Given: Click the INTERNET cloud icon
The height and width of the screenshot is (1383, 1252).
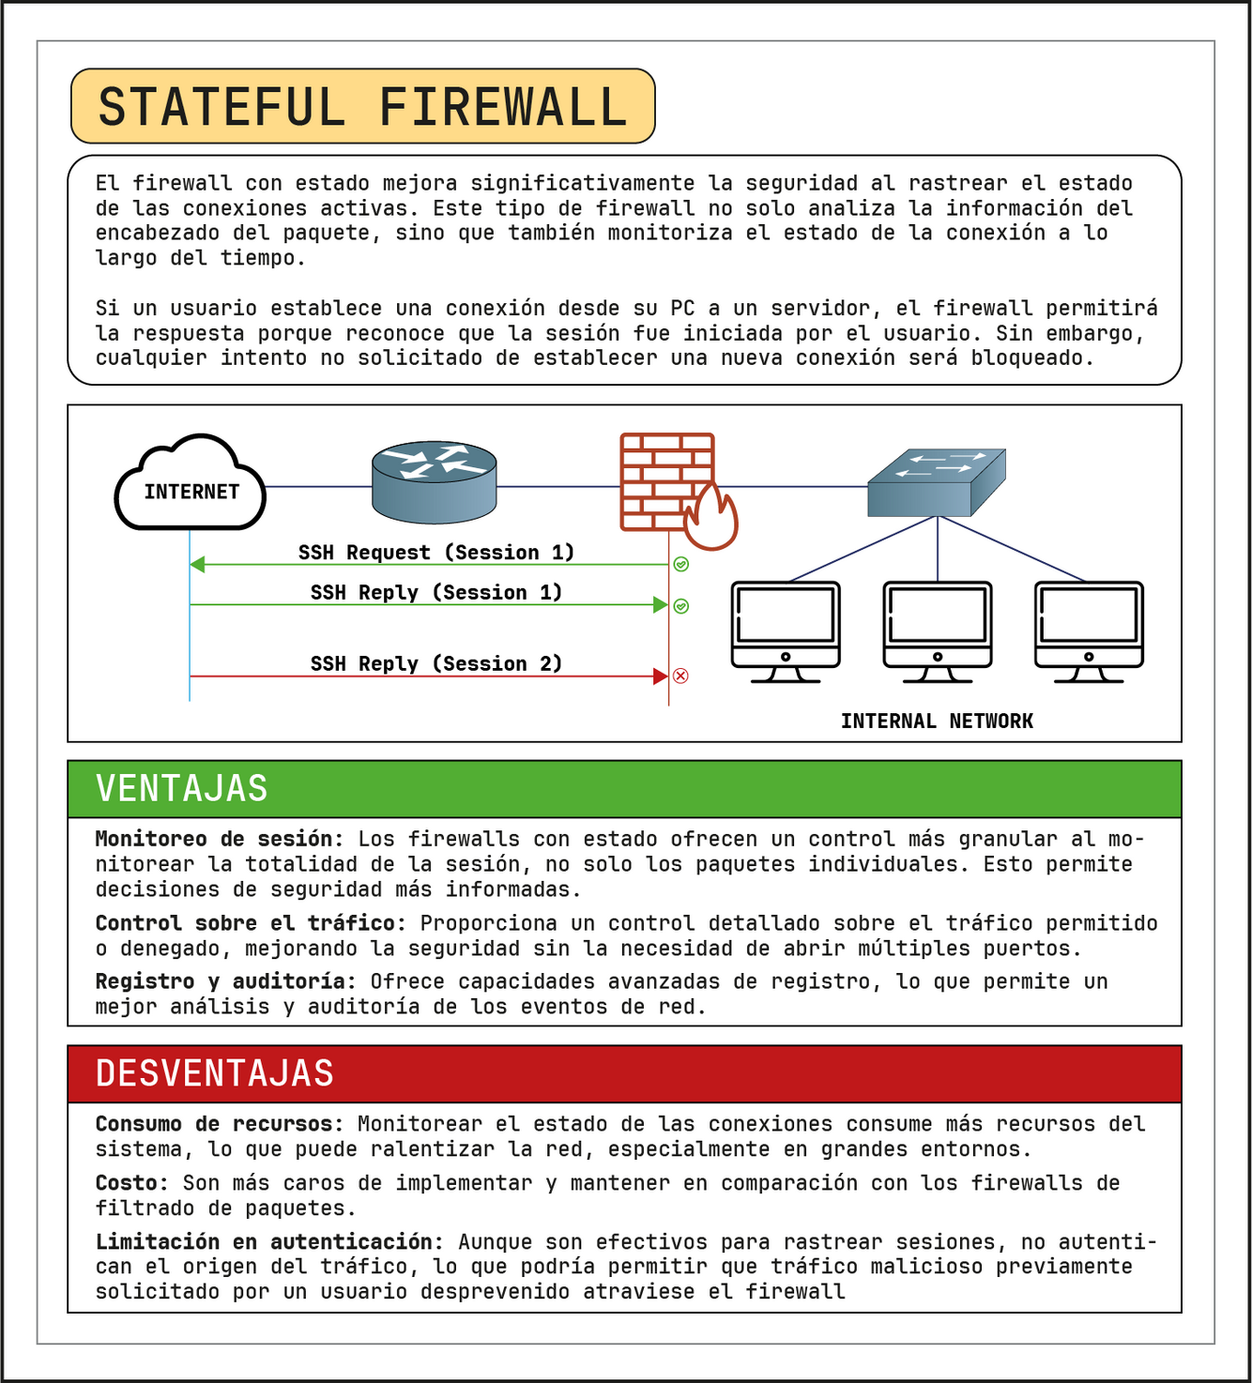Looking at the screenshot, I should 191,483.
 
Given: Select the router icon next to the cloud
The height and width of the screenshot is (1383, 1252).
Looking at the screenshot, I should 434,481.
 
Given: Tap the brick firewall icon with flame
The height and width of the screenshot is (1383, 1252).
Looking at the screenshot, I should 674,488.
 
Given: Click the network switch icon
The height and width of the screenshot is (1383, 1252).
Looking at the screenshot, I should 936,481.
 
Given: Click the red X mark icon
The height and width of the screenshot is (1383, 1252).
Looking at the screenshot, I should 681,676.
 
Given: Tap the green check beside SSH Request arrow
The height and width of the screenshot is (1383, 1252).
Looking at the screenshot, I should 681,564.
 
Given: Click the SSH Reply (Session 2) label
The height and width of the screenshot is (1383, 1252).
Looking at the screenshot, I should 436,663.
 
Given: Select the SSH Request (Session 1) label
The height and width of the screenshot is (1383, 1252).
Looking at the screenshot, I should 436,552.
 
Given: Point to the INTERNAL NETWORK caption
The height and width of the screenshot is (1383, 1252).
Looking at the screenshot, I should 937,721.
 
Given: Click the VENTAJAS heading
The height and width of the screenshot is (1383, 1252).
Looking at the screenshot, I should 182,788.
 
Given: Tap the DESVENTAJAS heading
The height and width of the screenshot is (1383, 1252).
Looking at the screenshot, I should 215,1073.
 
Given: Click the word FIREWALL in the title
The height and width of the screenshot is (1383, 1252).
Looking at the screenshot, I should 504,107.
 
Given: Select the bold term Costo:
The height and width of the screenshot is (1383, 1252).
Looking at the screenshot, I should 131,1183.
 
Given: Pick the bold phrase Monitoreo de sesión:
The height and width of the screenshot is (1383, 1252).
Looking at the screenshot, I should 220,839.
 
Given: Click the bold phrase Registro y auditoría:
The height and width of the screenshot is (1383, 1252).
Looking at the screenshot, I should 225,981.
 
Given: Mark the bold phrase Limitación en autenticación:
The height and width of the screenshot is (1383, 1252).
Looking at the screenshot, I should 269,1242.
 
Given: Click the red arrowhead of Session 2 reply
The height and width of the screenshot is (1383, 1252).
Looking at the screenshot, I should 661,676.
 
